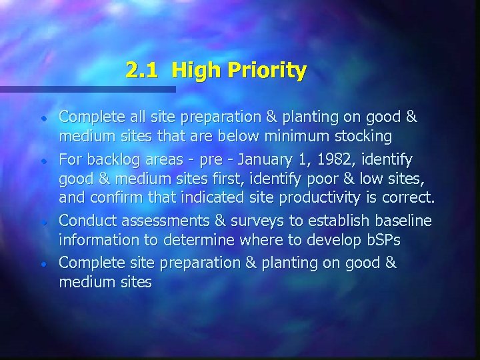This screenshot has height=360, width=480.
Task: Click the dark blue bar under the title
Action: (87, 89)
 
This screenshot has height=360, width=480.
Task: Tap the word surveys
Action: (251, 220)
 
